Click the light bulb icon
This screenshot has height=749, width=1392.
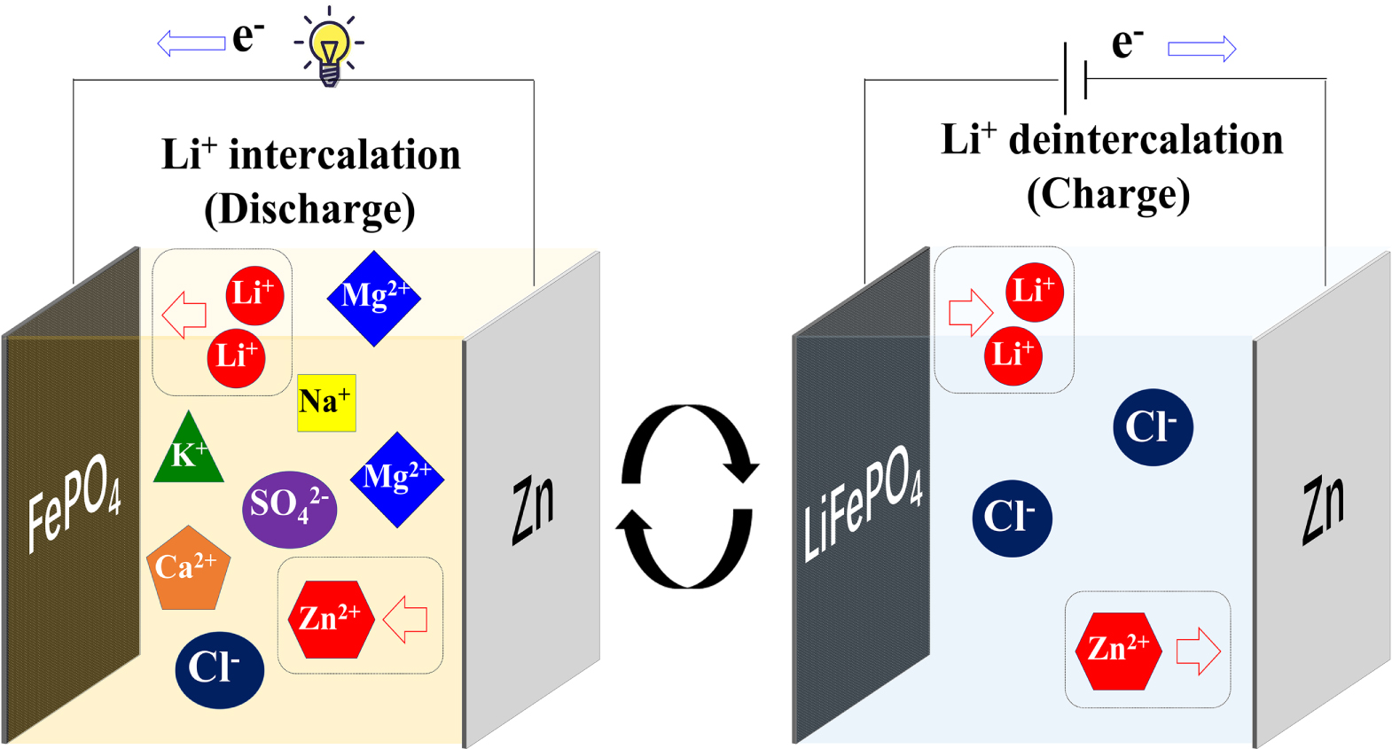click(330, 50)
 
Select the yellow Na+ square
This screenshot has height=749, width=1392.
click(326, 402)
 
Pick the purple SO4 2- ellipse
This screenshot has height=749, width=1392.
click(289, 508)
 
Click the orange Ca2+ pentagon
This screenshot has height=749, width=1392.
click(188, 569)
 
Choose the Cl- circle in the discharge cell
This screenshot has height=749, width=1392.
click(219, 669)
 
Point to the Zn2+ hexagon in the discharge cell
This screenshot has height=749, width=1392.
click(331, 619)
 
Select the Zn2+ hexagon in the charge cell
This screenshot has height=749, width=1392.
click(1118, 650)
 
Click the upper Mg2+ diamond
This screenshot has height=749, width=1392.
click(374, 298)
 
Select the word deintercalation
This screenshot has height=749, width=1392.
click(1146, 140)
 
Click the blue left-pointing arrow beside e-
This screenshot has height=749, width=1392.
click(191, 43)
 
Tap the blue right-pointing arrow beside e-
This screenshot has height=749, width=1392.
click(1201, 49)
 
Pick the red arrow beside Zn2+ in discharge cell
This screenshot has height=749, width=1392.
click(406, 619)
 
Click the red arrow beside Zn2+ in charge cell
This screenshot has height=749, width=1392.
click(1198, 651)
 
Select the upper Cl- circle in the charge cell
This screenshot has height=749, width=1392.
click(1153, 427)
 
